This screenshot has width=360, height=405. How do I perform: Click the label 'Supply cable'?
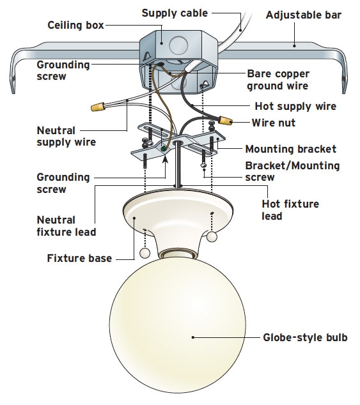173,12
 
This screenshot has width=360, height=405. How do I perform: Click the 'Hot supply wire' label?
295,106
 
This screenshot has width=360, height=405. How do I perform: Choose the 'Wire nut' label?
273,121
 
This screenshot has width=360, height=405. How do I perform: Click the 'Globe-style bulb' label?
306,337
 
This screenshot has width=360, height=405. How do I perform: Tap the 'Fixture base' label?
79,259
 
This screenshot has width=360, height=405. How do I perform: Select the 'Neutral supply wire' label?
66,136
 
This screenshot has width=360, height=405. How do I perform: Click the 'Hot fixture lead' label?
290,210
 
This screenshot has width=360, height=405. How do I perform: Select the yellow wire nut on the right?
225,119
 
